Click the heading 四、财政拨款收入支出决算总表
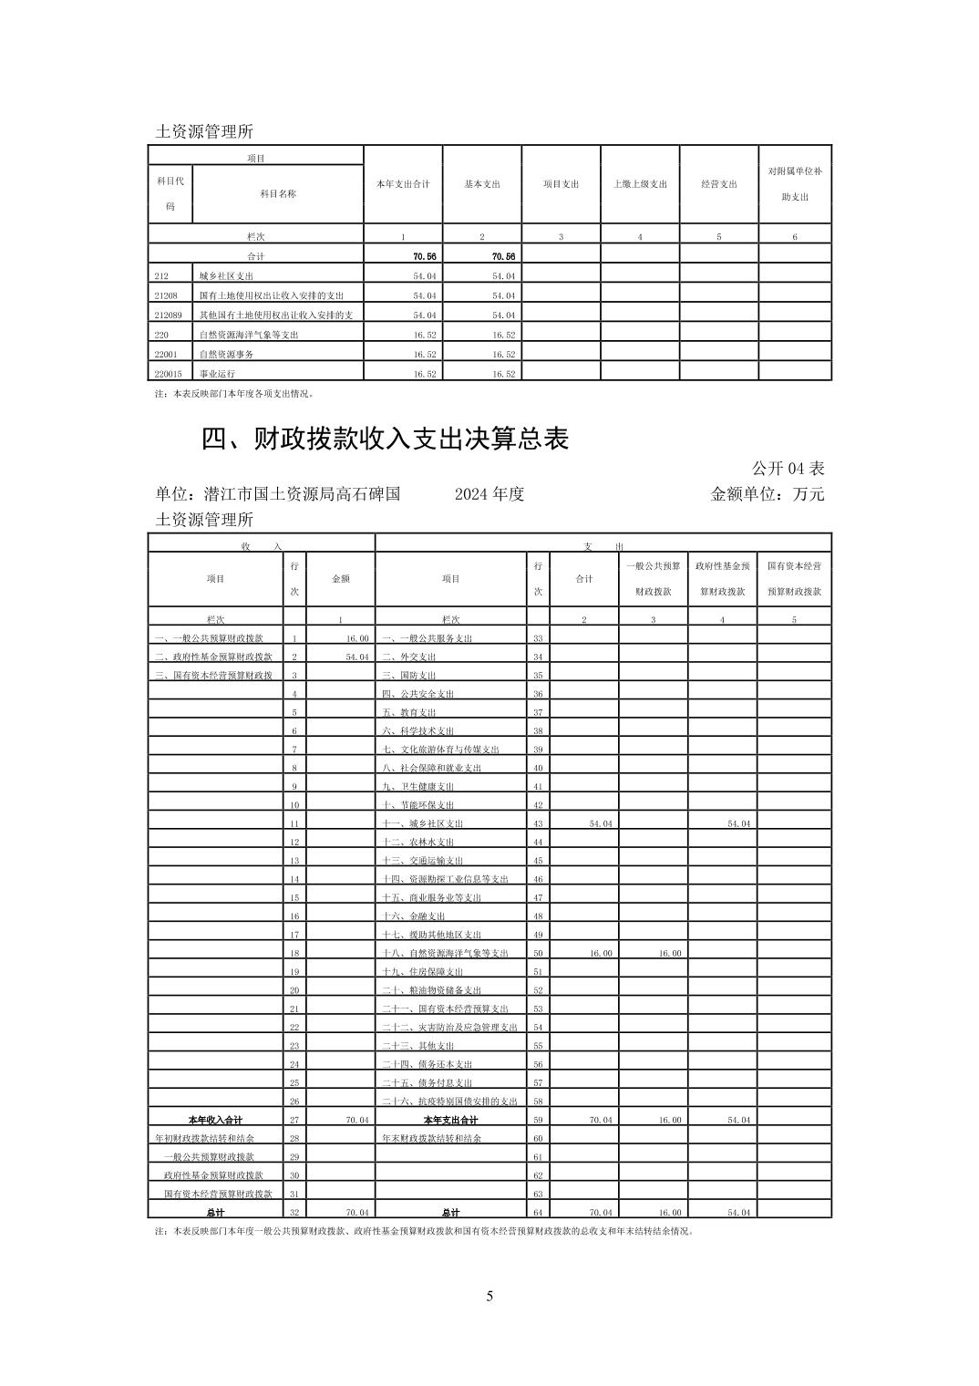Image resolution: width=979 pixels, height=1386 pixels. click(x=385, y=440)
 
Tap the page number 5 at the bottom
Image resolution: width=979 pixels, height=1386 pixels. click(x=489, y=1296)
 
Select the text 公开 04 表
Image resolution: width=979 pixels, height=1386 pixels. click(x=788, y=469)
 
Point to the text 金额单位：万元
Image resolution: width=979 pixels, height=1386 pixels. click(x=767, y=494)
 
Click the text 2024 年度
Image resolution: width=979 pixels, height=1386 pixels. click(x=489, y=494)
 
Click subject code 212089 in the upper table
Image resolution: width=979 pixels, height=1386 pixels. click(x=169, y=315)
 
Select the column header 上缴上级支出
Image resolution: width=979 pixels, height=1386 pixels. click(x=640, y=184)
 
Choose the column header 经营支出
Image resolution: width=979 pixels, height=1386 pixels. click(x=719, y=184)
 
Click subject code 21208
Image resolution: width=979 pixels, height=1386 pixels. click(x=167, y=295)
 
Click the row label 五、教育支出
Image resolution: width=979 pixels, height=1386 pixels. click(x=409, y=712)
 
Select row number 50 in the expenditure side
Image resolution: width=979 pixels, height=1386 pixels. click(x=538, y=953)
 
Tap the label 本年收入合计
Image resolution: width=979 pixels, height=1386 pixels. click(x=215, y=1120)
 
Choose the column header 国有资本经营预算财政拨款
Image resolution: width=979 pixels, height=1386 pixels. click(x=794, y=578)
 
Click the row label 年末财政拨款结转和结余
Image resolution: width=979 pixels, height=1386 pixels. click(x=431, y=1138)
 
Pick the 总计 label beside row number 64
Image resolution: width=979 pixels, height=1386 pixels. click(x=450, y=1212)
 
